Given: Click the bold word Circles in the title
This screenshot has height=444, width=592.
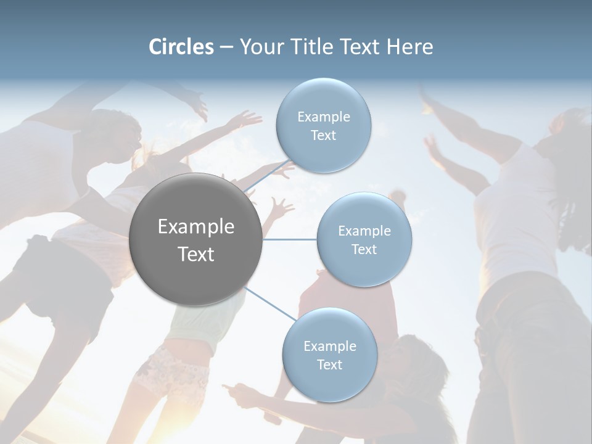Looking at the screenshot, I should pos(181,47).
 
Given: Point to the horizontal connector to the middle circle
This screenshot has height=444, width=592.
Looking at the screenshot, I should pos(290,239).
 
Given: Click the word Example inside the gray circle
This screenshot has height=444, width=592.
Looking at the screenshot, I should pos(196,227).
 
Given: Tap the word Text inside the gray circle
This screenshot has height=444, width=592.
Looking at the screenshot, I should pos(196,254).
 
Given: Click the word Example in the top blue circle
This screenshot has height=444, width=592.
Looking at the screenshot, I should pos(323,117).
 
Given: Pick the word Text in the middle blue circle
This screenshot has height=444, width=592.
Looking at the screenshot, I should pos(364,250).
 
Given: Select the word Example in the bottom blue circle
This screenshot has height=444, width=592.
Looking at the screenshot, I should pos(329,347).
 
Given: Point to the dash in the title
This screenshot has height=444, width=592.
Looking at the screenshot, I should pos(226,47).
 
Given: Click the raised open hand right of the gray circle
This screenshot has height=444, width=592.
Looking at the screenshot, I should pos(281,208).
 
